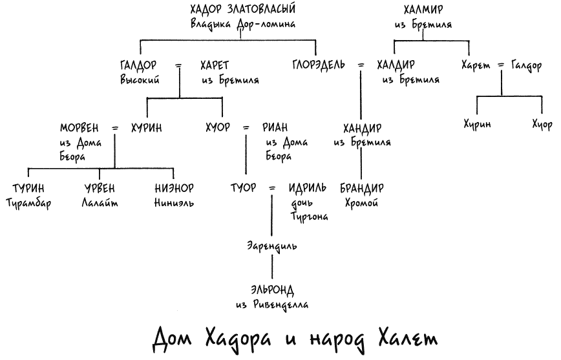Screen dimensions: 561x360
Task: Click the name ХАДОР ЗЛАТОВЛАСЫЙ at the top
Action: point(243,9)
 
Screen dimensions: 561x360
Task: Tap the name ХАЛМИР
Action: point(423,9)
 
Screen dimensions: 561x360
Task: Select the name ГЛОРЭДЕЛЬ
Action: point(319,65)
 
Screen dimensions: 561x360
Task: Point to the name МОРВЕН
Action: point(79,128)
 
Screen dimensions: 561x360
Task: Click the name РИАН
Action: point(275,127)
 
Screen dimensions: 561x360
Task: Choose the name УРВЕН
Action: point(100,188)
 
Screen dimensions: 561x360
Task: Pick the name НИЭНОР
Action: point(175,188)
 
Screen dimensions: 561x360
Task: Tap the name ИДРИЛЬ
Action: point(308,187)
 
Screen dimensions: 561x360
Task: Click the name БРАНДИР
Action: point(362,188)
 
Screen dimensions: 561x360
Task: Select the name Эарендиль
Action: point(272,246)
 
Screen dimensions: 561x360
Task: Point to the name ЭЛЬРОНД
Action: point(272,290)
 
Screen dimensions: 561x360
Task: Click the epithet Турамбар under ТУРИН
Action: point(28,203)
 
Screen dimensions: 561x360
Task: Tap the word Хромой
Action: point(361,203)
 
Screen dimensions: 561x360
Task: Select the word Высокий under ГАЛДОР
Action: point(140,79)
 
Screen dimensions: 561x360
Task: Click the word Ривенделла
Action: point(280,304)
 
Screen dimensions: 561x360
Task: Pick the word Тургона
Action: point(309,217)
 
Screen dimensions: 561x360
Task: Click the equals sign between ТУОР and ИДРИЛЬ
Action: point(272,188)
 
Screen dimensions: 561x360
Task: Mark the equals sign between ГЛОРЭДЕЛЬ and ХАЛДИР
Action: point(361,65)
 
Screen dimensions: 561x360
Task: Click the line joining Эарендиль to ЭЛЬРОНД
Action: point(272,266)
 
